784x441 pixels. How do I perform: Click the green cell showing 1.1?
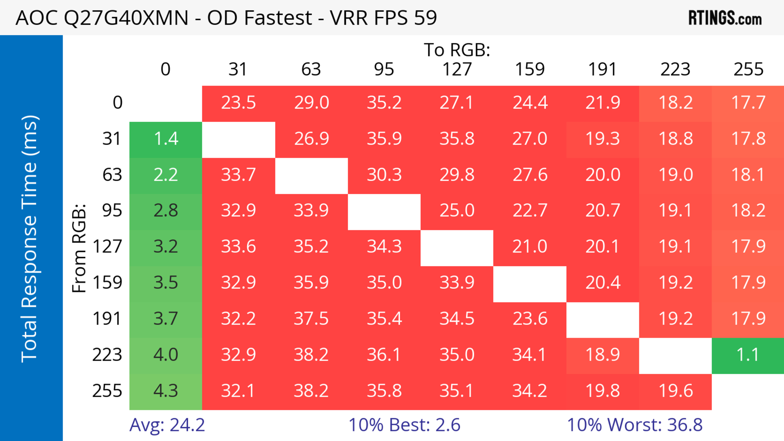pyautogui.click(x=748, y=355)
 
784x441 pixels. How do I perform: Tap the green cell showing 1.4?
pyautogui.click(x=166, y=139)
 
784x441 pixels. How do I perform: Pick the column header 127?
pyautogui.click(x=457, y=69)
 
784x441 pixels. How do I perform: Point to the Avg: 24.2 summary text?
pyautogui.click(x=167, y=425)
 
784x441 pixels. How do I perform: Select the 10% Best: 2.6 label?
pyautogui.click(x=404, y=425)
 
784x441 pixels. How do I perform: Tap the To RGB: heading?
pyautogui.click(x=457, y=50)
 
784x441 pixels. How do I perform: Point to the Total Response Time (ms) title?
pyautogui.click(x=30, y=239)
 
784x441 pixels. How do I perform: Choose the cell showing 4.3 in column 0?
pyautogui.click(x=166, y=391)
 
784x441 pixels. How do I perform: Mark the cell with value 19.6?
pyautogui.click(x=675, y=391)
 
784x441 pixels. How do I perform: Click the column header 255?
pyautogui.click(x=748, y=69)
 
